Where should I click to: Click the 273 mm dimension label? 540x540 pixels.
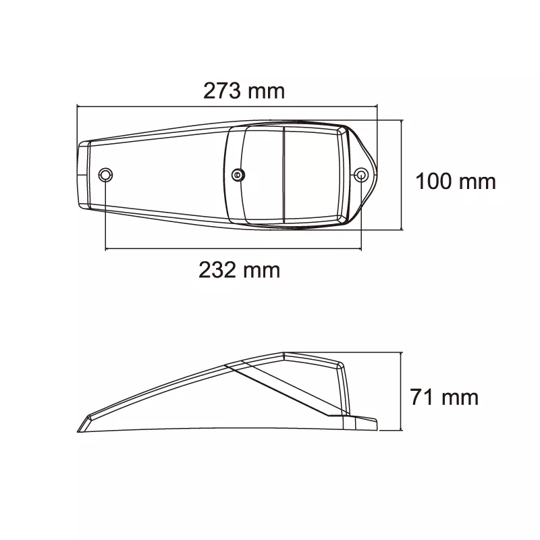(x=244, y=91)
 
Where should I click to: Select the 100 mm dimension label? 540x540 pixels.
(x=456, y=181)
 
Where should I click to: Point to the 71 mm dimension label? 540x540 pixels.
(x=444, y=397)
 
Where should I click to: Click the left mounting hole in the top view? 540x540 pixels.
(x=105, y=175)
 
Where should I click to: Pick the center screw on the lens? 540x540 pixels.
(x=238, y=175)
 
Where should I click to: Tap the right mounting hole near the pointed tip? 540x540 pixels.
(x=361, y=175)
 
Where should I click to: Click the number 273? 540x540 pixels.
(x=222, y=91)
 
